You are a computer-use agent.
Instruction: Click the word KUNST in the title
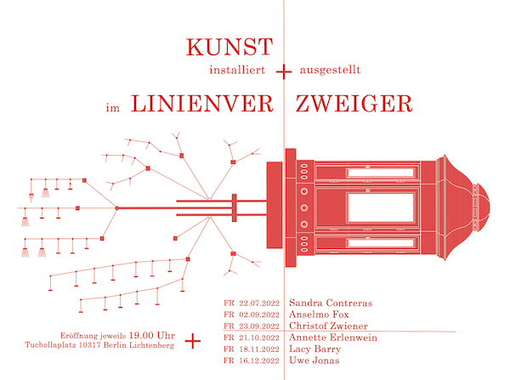[x=229, y=47]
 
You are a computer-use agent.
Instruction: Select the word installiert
[x=237, y=70]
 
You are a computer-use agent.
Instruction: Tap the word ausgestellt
[x=330, y=71]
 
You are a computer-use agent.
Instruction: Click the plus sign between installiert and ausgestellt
[x=284, y=71]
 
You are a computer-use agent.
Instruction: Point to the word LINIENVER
[x=202, y=104]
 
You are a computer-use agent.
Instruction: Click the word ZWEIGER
[x=354, y=104]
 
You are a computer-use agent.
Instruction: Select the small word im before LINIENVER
[x=113, y=107]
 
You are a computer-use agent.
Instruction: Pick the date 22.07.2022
[x=259, y=303]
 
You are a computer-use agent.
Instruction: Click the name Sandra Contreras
[x=331, y=303]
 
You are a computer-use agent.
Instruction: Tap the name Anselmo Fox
[x=319, y=315]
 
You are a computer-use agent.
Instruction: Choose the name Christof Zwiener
[x=328, y=326]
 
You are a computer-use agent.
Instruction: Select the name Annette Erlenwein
[x=333, y=337]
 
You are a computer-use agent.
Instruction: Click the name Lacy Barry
[x=314, y=349]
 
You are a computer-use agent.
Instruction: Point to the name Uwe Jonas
[x=314, y=360]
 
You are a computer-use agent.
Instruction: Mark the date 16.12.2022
[x=259, y=360]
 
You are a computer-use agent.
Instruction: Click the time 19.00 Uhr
[x=152, y=336]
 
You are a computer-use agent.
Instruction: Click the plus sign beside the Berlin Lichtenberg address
[x=193, y=341]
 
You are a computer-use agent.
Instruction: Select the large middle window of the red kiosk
[x=380, y=207]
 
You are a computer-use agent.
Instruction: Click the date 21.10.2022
[x=259, y=337]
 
